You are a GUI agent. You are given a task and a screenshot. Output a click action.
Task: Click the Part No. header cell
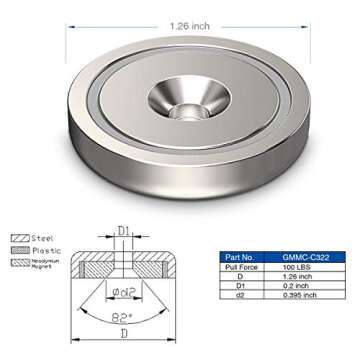(x=243, y=257)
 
